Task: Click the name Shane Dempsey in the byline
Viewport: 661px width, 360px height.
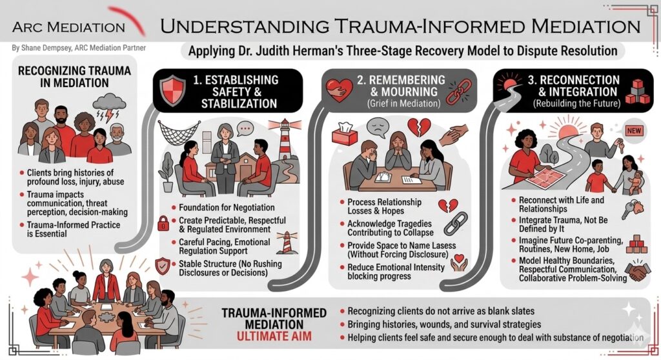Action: pos(45,48)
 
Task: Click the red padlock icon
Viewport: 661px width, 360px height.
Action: pos(164,225)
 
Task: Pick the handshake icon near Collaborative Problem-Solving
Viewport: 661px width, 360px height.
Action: pos(639,272)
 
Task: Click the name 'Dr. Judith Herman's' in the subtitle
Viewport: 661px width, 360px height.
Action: pos(296,50)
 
